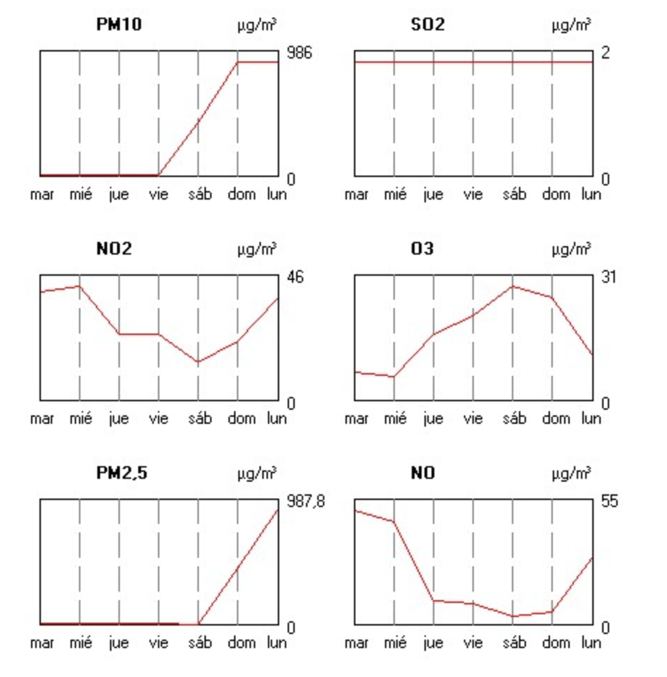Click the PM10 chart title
pyautogui.click(x=118, y=25)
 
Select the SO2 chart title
pyautogui.click(x=428, y=25)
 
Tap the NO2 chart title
pyautogui.click(x=114, y=249)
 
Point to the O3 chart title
pyautogui.click(x=423, y=249)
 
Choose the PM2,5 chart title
pyautogui.click(x=122, y=473)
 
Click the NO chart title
pyautogui.click(x=423, y=473)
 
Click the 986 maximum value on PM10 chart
pyautogui.click(x=298, y=53)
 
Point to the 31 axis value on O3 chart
pyautogui.click(x=608, y=277)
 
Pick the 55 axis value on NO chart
pyautogui.click(x=608, y=501)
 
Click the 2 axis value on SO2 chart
pyautogui.click(x=605, y=53)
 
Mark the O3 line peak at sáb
pyautogui.click(x=513, y=286)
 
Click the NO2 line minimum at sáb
pyautogui.click(x=198, y=362)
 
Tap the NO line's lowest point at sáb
pyautogui.click(x=513, y=616)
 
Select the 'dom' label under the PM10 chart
pyautogui.click(x=241, y=195)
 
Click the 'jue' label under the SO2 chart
pyautogui.click(x=433, y=195)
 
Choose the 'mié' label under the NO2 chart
pyautogui.click(x=80, y=419)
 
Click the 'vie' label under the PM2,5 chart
pyautogui.click(x=159, y=643)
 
